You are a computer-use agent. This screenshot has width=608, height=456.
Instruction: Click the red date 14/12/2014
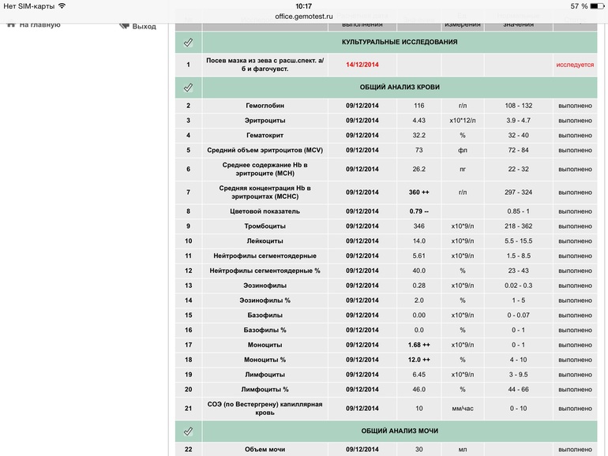(362, 65)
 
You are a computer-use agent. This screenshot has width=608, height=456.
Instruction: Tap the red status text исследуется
(575, 65)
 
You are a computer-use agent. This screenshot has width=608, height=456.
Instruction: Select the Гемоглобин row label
(265, 106)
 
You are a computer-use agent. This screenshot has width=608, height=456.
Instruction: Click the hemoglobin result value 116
(418, 106)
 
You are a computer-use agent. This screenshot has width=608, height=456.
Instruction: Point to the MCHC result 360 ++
(418, 192)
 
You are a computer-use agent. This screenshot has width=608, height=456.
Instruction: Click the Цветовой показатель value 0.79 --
(418, 211)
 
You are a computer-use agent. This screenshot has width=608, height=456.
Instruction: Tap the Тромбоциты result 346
(418, 226)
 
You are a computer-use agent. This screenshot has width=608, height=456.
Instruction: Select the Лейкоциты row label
(265, 241)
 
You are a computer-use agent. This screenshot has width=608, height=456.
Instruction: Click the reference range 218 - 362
(518, 226)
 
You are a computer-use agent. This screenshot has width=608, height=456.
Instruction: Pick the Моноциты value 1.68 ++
(418, 345)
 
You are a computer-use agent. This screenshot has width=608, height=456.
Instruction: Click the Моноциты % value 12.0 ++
(418, 360)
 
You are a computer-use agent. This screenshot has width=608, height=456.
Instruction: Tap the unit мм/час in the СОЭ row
(463, 408)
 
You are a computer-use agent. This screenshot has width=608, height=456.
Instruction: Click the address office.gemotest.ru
(304, 16)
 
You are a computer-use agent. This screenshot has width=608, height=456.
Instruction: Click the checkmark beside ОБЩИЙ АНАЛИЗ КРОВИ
(188, 87)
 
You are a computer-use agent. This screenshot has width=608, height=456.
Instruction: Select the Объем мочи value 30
(418, 450)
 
